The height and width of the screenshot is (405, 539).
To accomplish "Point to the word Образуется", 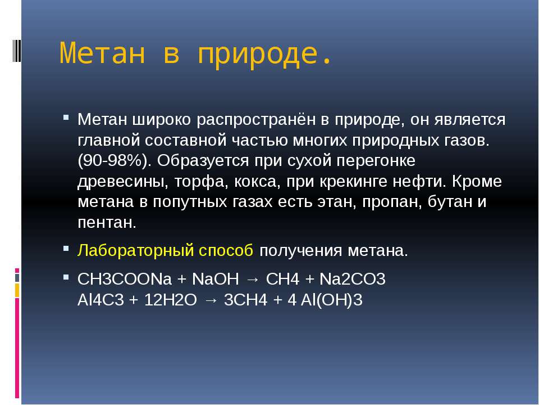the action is [203, 161].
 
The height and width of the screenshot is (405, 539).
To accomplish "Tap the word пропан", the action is [392, 202].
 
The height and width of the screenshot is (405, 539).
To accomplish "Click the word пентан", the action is [107, 223].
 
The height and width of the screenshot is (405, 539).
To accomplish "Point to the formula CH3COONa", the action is [125, 279].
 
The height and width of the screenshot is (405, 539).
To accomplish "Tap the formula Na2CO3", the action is [353, 279].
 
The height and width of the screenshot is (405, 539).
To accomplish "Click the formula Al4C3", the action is [101, 300].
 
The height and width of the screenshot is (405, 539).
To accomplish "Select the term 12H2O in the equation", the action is [171, 300].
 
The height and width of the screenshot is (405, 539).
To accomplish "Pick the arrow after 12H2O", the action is [211, 300].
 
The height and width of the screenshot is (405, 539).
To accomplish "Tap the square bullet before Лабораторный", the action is [66, 248].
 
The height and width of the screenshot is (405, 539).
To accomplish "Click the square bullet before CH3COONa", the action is [66, 277].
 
